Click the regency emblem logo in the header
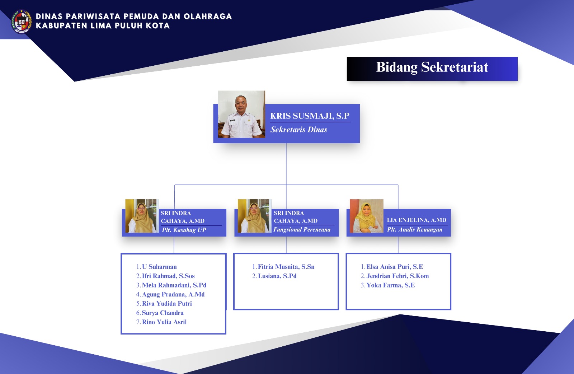(x=22, y=22)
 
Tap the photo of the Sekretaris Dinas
(x=241, y=114)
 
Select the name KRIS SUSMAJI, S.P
(x=310, y=116)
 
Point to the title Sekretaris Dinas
(x=298, y=130)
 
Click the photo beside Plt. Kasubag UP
(x=142, y=216)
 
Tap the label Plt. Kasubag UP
(x=184, y=230)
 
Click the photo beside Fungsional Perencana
(x=254, y=216)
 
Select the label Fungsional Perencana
(x=302, y=230)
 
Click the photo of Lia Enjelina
(x=366, y=216)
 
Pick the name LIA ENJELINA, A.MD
(x=417, y=220)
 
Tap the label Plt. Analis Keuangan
(x=414, y=230)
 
